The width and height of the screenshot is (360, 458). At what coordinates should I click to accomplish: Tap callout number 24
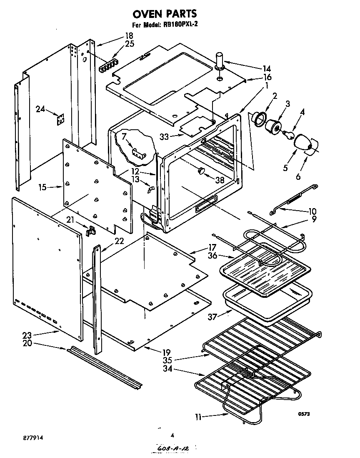40,109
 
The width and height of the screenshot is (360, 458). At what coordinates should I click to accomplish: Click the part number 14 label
266,68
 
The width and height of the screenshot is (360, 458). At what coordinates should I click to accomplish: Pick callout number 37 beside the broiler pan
213,317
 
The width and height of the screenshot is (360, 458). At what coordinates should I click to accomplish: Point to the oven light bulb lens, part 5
303,142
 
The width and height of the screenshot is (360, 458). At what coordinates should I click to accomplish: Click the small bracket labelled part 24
61,120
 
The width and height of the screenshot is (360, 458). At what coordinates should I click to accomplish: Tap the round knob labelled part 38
202,170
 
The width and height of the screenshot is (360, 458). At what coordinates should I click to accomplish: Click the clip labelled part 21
90,230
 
